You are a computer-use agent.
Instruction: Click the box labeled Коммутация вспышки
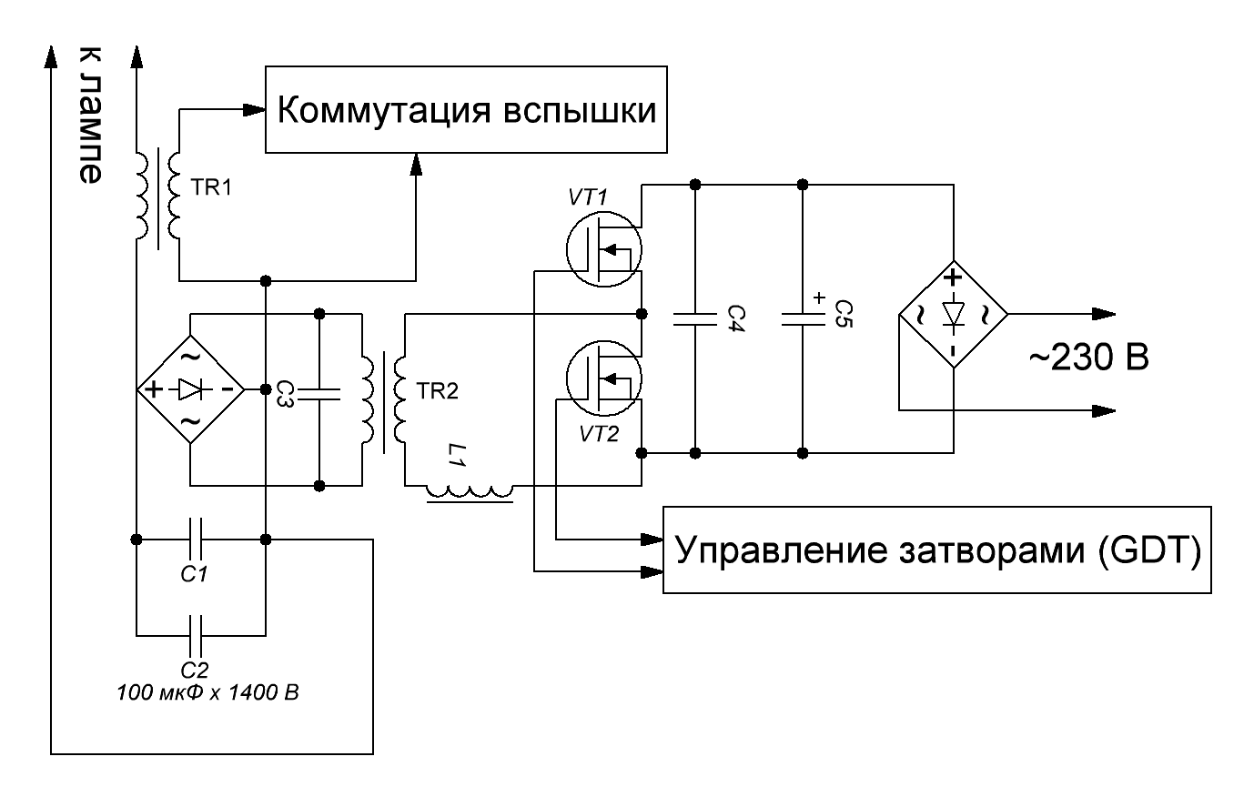coord(466,109)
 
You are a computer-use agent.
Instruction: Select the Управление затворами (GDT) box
coord(936,550)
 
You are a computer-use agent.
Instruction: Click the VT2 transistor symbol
coord(604,380)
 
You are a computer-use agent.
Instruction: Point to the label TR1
coord(212,188)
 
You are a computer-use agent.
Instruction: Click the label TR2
coord(437,391)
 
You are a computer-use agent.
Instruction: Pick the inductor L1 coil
coord(470,491)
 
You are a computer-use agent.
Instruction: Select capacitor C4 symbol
coord(695,318)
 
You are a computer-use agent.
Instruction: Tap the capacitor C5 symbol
coord(802,318)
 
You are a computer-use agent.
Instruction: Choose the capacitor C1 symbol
coord(200,539)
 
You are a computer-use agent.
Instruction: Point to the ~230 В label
coord(1089,358)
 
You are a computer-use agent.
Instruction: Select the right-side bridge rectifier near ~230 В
coord(953,315)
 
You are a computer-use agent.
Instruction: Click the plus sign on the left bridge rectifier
coord(155,389)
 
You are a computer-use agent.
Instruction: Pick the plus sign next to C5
coord(818,298)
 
